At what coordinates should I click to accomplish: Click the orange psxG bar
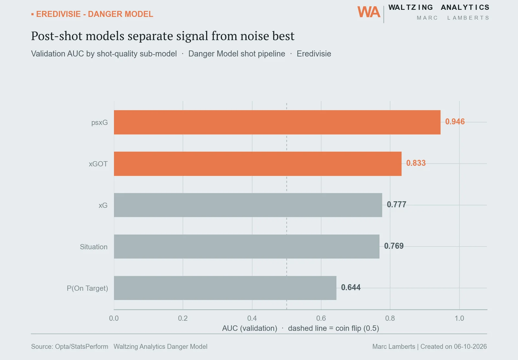(x=277, y=122)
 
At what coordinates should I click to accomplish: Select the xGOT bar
(x=258, y=164)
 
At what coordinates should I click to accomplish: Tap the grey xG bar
(x=248, y=205)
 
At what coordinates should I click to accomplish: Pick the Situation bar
(x=246, y=246)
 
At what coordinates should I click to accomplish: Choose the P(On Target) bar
(x=225, y=288)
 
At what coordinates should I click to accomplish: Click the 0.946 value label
(x=455, y=122)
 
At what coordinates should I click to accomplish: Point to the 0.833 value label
(x=416, y=163)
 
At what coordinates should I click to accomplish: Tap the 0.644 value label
(x=351, y=287)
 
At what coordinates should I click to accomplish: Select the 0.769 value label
(x=394, y=246)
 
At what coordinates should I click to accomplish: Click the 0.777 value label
(x=396, y=204)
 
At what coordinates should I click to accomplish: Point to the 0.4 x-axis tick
(x=252, y=318)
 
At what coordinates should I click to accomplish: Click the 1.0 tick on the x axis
(x=459, y=318)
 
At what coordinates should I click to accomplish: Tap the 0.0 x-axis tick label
(x=114, y=318)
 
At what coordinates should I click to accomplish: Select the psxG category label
(x=99, y=122)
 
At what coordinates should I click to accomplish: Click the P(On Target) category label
(x=87, y=288)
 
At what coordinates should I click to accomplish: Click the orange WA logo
(x=369, y=12)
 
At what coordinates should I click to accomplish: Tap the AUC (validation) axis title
(x=250, y=328)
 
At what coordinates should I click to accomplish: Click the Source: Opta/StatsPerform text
(x=70, y=347)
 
